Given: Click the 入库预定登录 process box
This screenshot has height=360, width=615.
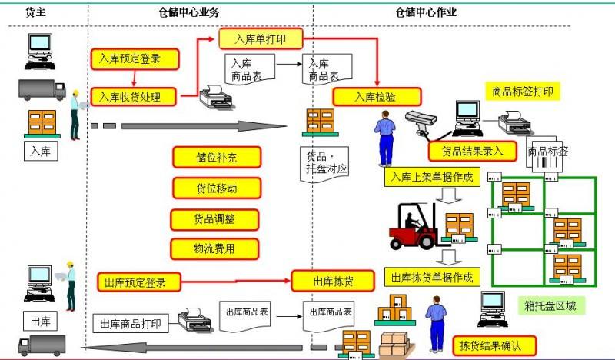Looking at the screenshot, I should (x=135, y=58).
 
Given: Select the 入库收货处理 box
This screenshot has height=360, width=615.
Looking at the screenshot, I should (x=135, y=97).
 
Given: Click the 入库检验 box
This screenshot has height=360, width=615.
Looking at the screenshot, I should (x=377, y=97).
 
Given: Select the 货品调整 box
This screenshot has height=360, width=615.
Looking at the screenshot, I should (x=215, y=218).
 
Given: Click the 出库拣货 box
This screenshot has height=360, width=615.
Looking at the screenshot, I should (x=333, y=281).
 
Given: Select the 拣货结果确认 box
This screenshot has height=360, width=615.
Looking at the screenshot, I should (x=494, y=345).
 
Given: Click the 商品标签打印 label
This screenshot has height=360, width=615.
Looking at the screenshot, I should (x=522, y=91).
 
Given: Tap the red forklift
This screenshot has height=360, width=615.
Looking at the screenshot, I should (x=415, y=225).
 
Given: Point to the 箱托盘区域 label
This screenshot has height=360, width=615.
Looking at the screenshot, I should (x=550, y=306).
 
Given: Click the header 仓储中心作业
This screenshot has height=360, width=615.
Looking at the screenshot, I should (x=425, y=12).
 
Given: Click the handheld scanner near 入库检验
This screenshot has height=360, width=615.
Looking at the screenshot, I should (x=421, y=122).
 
